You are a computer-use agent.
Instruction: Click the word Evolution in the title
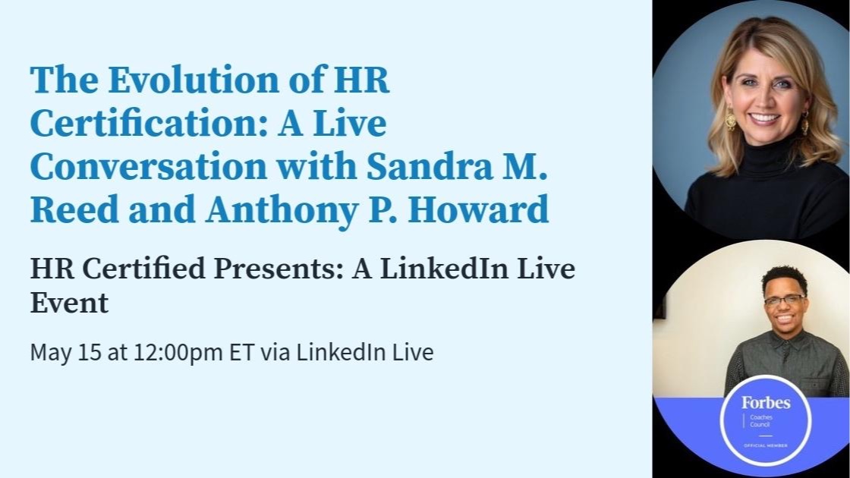(194, 80)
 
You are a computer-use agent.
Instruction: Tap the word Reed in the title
(74, 209)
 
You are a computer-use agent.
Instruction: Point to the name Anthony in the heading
(282, 211)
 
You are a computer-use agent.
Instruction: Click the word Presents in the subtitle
(279, 269)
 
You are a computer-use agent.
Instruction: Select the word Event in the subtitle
(69, 303)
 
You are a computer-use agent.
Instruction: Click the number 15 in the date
(90, 352)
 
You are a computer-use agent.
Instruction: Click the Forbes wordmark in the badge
(766, 403)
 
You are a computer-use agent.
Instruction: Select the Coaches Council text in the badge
(761, 420)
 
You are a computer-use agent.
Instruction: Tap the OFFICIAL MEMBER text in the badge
(766, 445)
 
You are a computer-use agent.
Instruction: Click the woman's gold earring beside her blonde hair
(730, 118)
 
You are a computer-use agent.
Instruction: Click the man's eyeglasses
(785, 299)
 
